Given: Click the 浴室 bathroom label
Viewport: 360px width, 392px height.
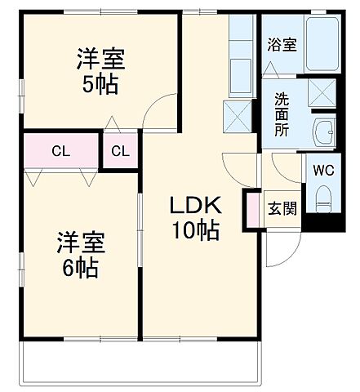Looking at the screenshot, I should pyautogui.click(x=282, y=47).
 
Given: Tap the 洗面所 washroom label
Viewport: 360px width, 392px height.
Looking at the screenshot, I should pyautogui.click(x=282, y=114).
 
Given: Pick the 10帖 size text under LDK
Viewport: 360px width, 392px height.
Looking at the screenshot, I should pyautogui.click(x=194, y=231).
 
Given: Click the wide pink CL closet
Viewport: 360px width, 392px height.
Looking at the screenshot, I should pyautogui.click(x=60, y=150).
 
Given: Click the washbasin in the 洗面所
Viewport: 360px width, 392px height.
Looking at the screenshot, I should pyautogui.click(x=325, y=131).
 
